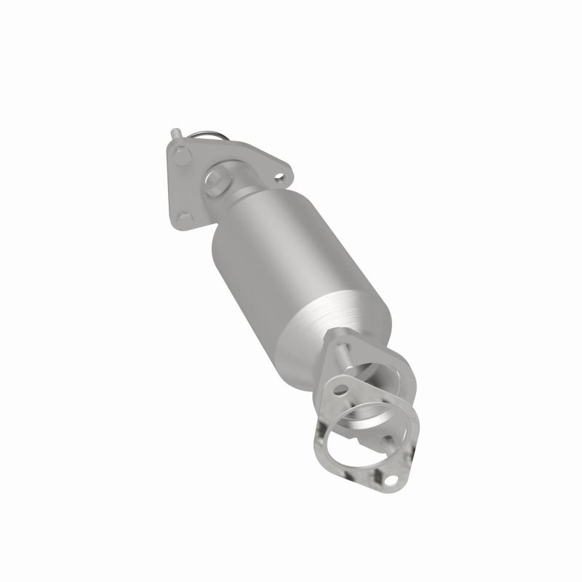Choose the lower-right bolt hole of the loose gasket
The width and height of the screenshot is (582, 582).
[x=393, y=481]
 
